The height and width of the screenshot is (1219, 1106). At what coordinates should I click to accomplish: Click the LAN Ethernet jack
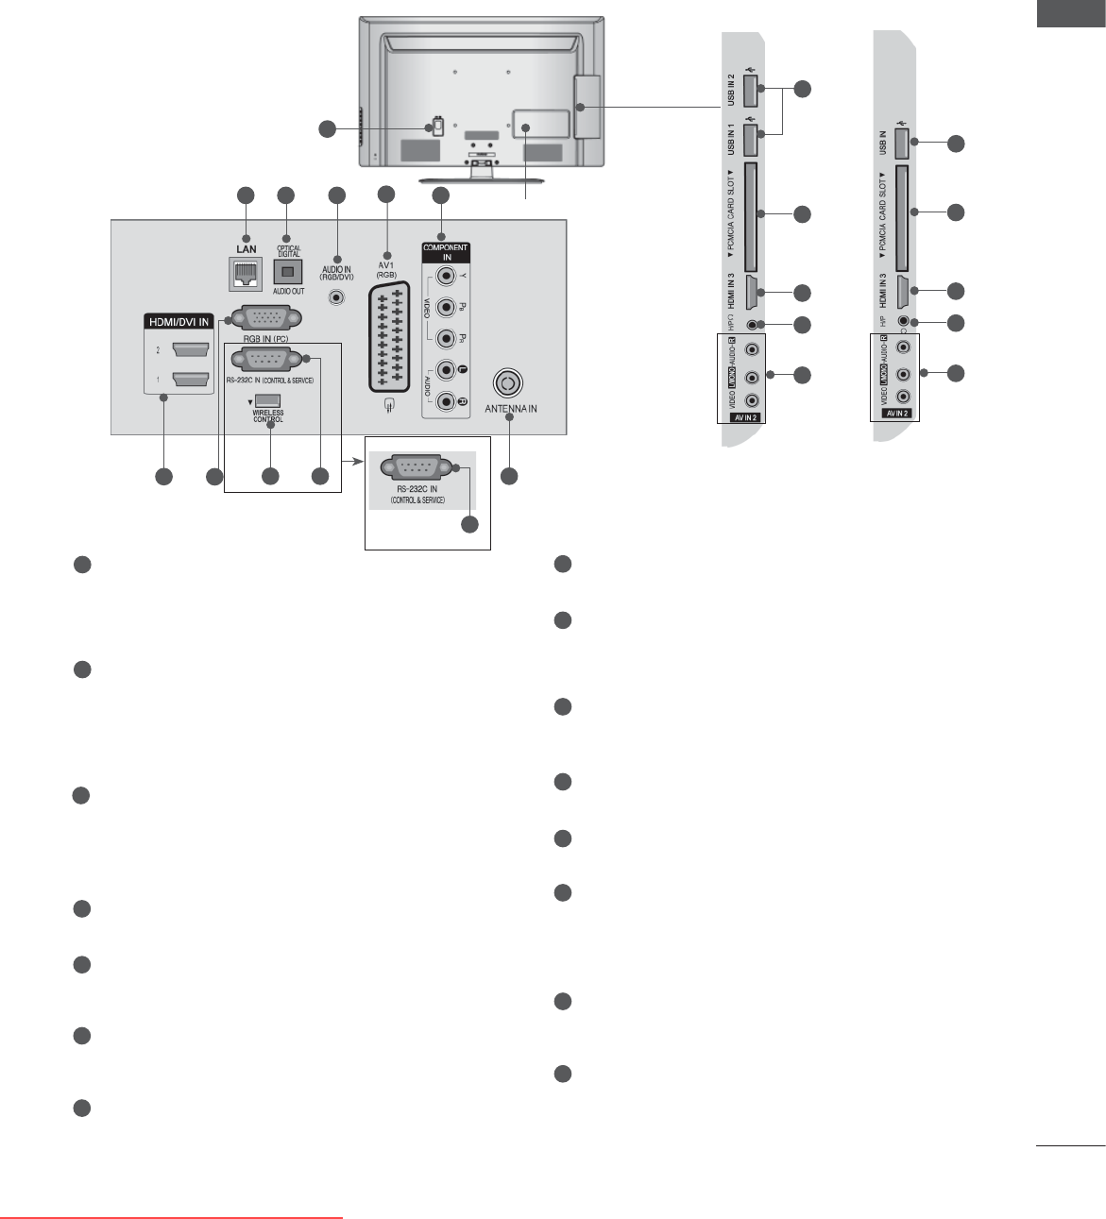pos(246,272)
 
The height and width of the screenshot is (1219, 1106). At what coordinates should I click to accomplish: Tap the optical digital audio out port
pos(288,272)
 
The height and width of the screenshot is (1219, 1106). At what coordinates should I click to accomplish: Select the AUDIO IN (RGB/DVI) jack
pos(335,297)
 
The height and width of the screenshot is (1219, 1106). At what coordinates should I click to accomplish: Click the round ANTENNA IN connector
pos(507,382)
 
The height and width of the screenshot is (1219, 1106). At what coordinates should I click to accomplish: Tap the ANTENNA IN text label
pos(511,409)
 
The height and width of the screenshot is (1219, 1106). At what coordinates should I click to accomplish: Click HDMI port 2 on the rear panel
pos(190,350)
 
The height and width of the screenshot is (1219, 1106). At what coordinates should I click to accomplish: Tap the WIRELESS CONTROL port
pos(267,400)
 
